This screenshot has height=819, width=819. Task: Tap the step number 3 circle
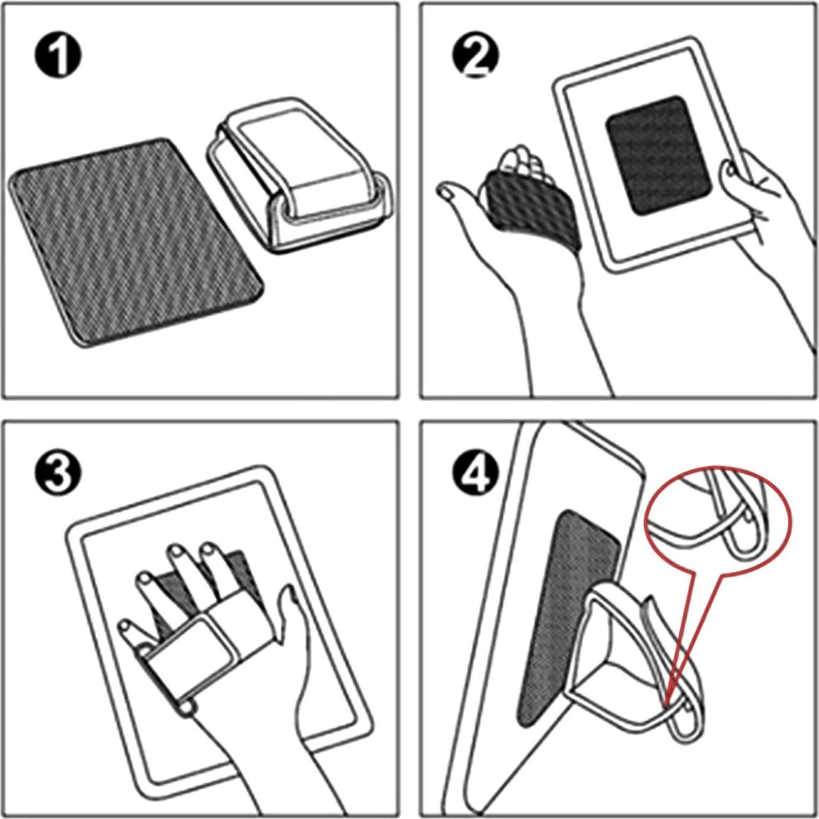(58, 475)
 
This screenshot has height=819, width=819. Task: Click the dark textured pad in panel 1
(136, 243)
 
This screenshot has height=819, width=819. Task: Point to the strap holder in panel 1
(298, 174)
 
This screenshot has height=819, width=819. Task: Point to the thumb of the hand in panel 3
(291, 612)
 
